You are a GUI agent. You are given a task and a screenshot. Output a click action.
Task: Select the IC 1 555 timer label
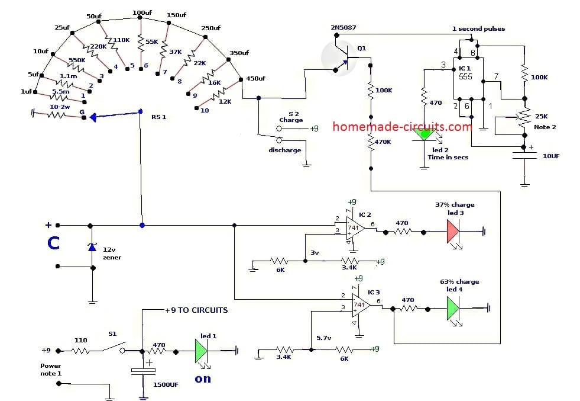tap(466, 73)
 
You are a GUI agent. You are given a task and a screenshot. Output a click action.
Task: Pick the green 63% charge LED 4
tap(453, 308)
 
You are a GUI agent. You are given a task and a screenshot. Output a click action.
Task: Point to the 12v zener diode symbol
tap(92, 247)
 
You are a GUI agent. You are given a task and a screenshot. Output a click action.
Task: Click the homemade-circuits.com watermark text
tap(403, 126)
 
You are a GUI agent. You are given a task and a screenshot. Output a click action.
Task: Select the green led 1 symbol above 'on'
tap(201, 351)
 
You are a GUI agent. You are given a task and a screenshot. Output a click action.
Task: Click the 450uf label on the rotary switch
tap(255, 79)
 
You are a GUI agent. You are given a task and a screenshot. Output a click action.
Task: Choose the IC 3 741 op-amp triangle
tap(361, 304)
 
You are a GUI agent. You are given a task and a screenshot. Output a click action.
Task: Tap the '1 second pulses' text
tap(478, 28)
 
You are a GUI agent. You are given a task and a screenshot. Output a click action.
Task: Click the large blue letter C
tap(54, 243)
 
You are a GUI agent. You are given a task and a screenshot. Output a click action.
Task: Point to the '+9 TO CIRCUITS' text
tap(196, 310)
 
